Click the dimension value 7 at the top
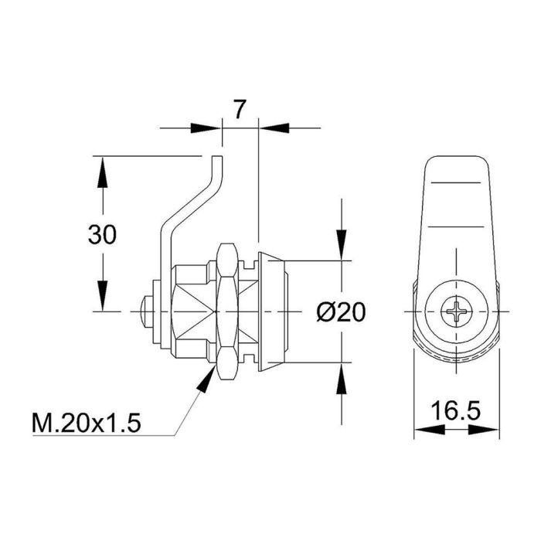(240, 109)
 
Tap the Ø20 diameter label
(341, 311)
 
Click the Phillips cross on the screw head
(455, 312)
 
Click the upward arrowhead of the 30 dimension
(101, 171)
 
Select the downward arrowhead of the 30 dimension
(101, 297)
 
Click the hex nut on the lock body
(227, 312)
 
